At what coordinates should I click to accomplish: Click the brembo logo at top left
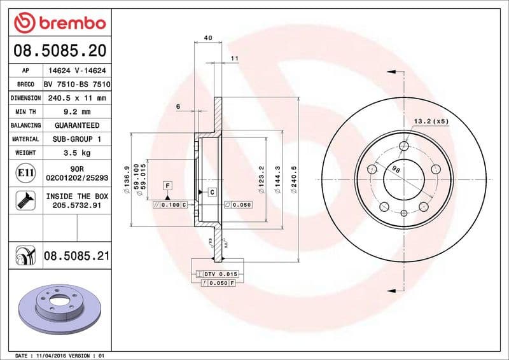(59, 24)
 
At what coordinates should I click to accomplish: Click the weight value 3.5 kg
(76, 153)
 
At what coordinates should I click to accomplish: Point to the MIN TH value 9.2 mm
(76, 111)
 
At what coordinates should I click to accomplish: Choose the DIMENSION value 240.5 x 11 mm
(76, 98)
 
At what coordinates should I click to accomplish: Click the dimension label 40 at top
(208, 38)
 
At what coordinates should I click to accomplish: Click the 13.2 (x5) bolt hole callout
(431, 121)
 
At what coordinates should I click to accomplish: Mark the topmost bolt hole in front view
(403, 147)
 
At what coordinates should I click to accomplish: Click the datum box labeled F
(168, 185)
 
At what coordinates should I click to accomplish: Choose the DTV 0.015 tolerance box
(217, 273)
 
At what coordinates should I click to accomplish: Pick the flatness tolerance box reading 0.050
(239, 205)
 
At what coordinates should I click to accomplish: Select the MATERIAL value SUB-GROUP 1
(76, 139)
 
